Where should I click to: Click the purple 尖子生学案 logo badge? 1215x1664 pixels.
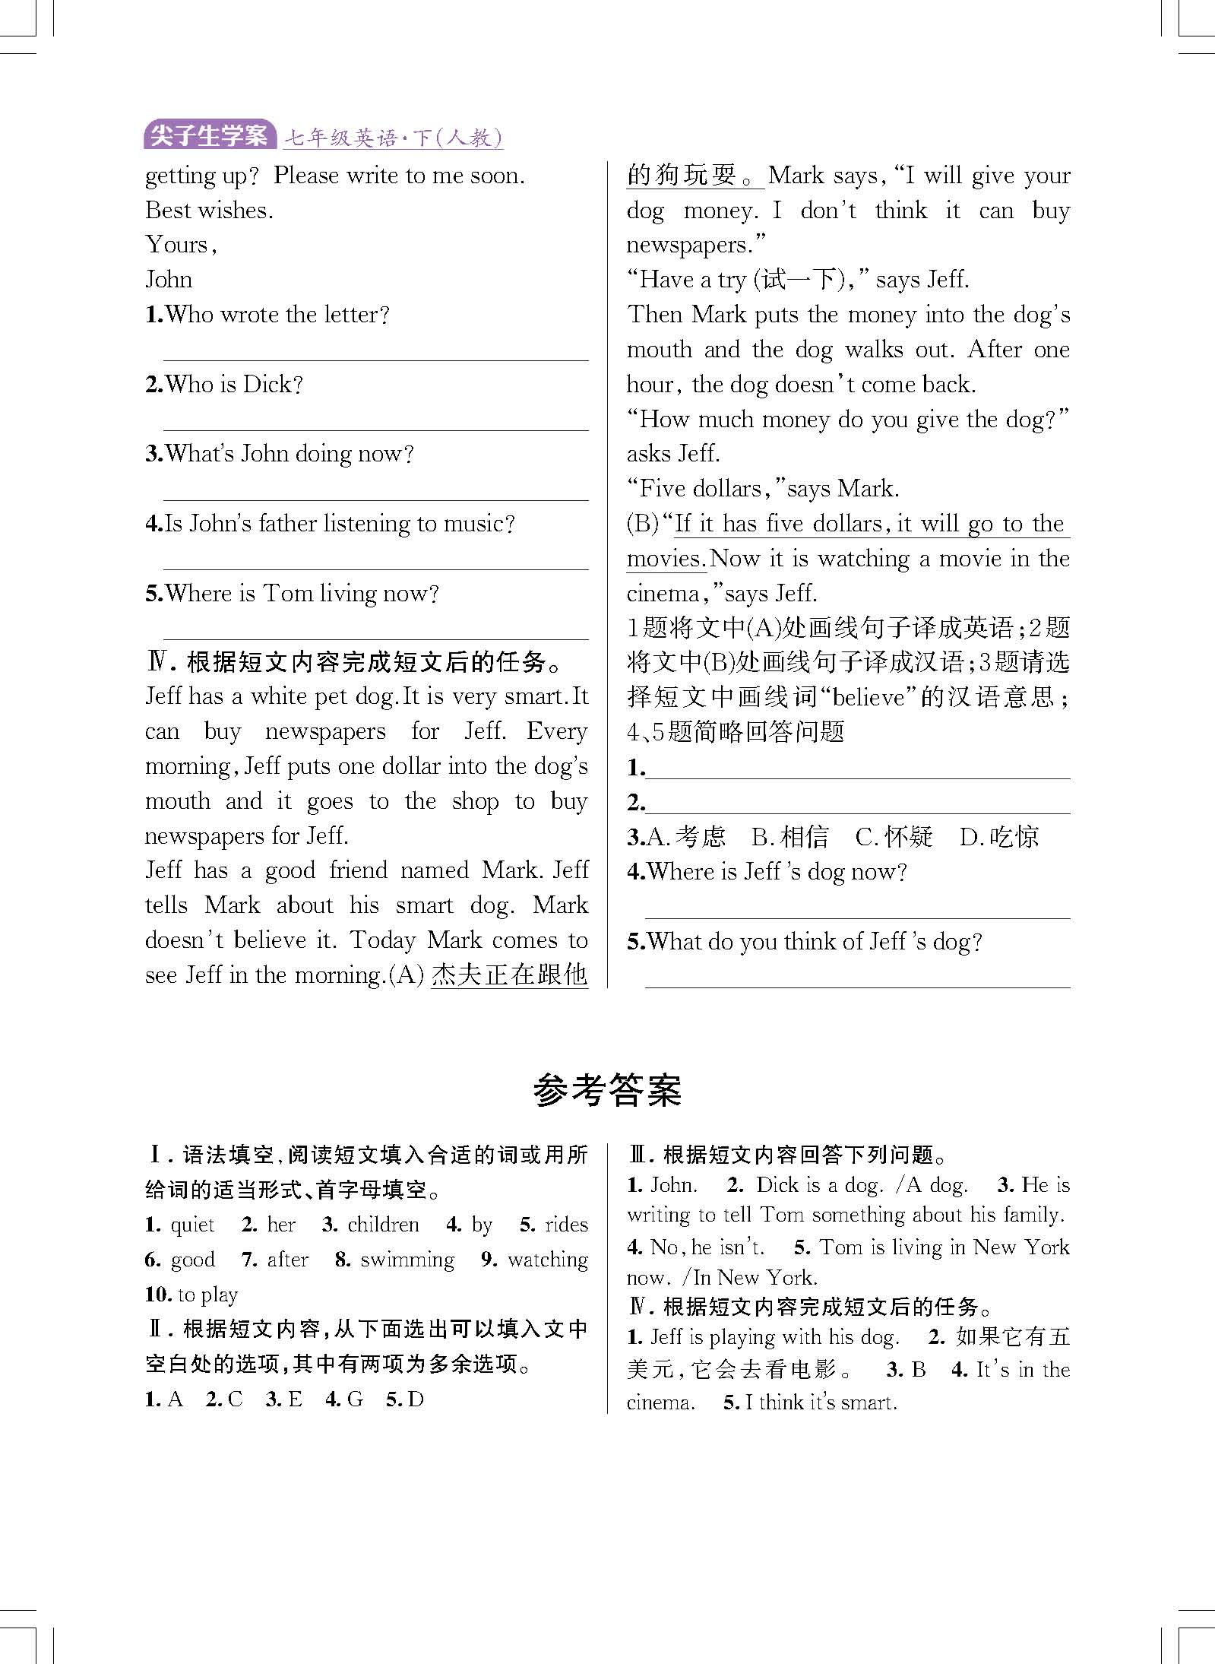[209, 136]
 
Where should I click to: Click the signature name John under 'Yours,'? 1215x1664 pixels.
[169, 280]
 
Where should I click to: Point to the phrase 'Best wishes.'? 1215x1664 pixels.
[209, 211]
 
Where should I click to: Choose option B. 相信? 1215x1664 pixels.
[789, 837]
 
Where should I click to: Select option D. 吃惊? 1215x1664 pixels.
[998, 837]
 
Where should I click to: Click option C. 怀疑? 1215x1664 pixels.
[894, 837]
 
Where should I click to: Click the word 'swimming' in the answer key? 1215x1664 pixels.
[407, 1260]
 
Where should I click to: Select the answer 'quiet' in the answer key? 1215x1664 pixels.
[192, 1225]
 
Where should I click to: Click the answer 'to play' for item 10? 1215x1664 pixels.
[207, 1294]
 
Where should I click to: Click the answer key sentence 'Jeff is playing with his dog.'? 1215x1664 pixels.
[774, 1337]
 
